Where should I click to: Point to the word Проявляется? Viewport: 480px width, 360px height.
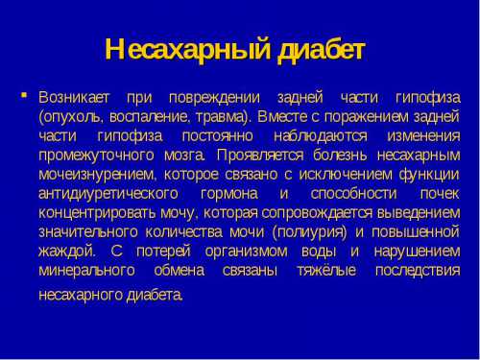tap(259, 154)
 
